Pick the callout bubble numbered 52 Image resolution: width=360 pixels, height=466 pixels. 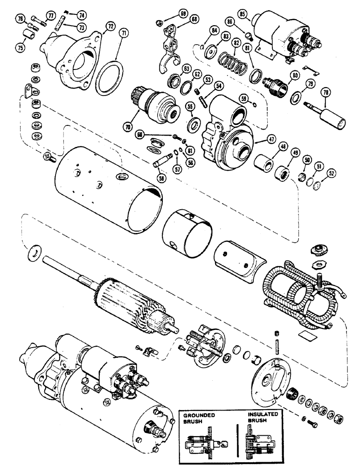320,172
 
